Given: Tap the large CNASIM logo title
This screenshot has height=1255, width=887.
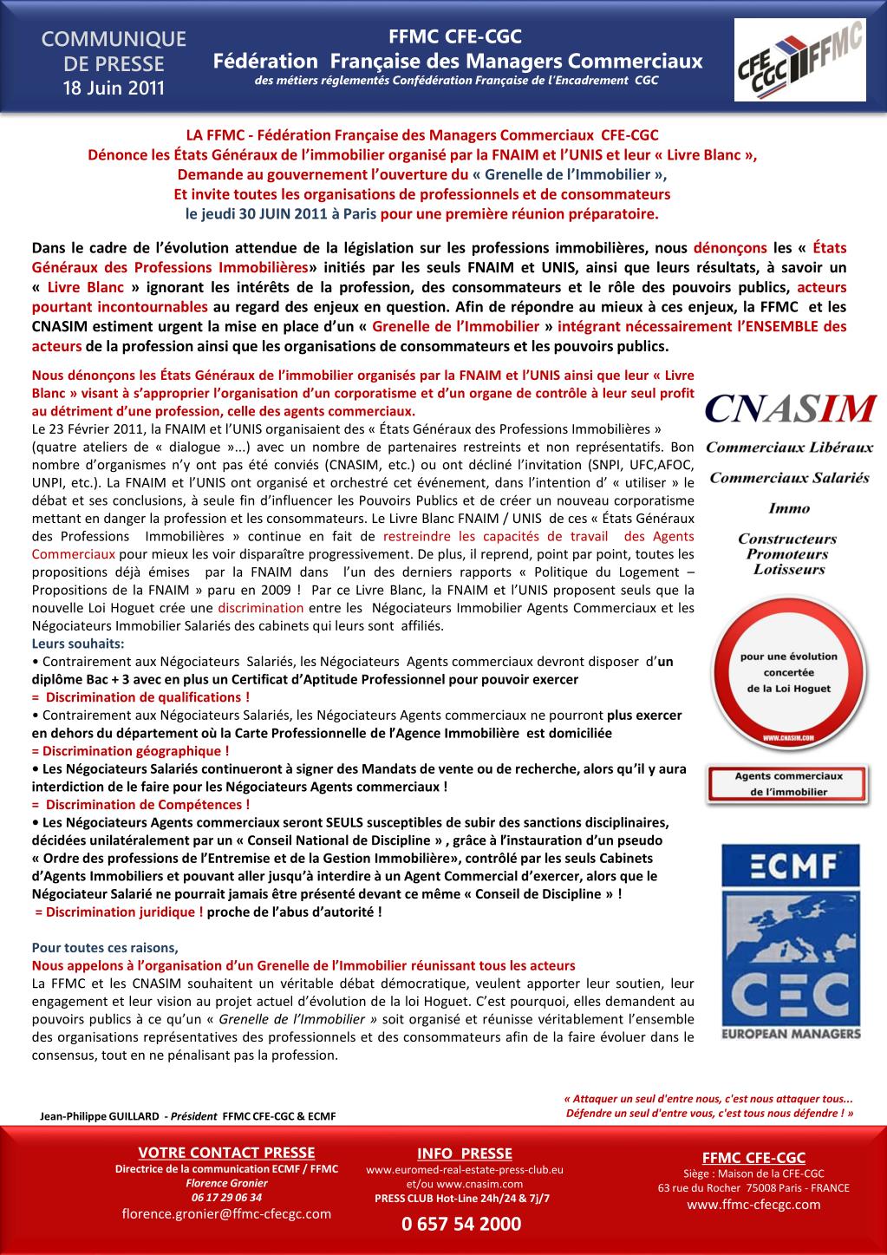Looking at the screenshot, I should (789, 408).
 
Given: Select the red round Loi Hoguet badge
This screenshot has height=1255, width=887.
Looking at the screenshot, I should (786, 673).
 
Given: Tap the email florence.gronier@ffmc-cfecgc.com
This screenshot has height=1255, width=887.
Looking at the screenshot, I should (226, 1213).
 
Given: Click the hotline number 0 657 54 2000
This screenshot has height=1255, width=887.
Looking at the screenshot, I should (461, 1224).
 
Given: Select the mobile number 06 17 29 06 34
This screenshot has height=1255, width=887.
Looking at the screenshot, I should (226, 1197).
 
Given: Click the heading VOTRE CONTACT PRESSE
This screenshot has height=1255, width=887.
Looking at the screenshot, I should (226, 1153).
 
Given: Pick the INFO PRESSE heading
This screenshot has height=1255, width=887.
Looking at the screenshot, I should (465, 1154).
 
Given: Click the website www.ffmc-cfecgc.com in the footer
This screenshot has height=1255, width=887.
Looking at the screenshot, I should (753, 1205).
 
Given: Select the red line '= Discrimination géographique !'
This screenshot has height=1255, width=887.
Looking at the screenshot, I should (130, 751).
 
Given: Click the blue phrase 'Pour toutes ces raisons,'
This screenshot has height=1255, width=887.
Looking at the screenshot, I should (104, 947).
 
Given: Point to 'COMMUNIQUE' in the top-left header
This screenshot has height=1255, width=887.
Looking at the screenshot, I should (114, 40).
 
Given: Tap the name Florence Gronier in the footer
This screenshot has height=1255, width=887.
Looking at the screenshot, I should (226, 1183).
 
